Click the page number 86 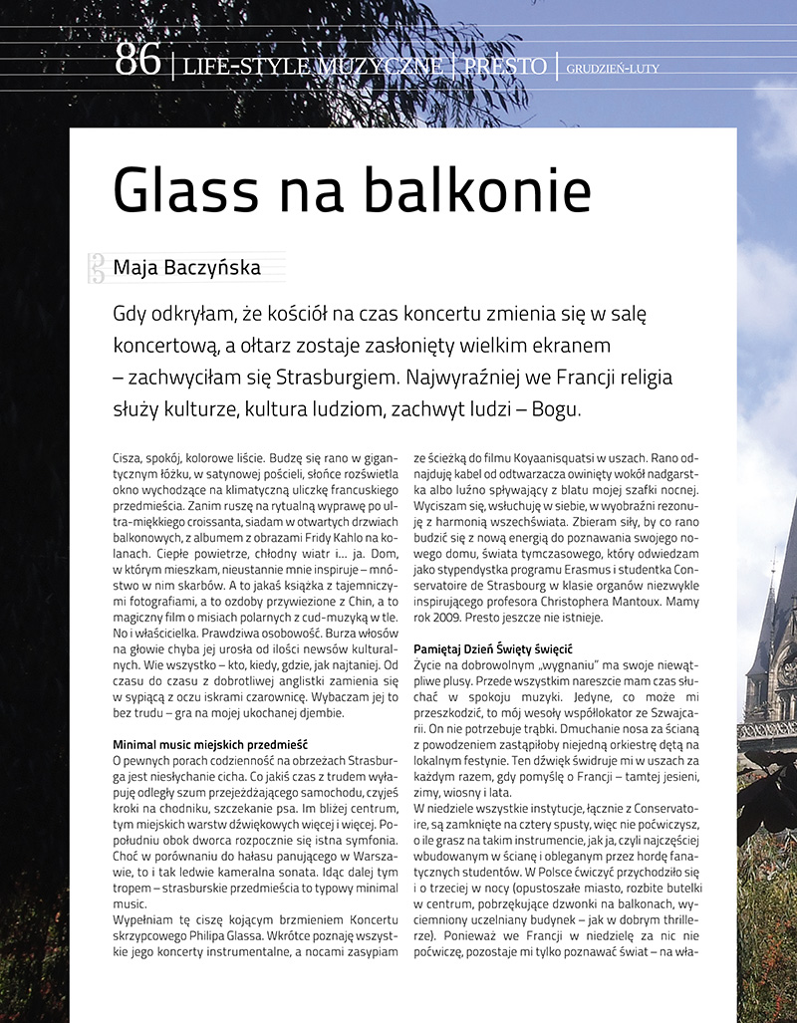pyautogui.click(x=138, y=62)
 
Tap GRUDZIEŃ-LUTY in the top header pyautogui.click(x=613, y=69)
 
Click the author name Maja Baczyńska pyautogui.click(x=186, y=267)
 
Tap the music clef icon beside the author pyautogui.click(x=98, y=266)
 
